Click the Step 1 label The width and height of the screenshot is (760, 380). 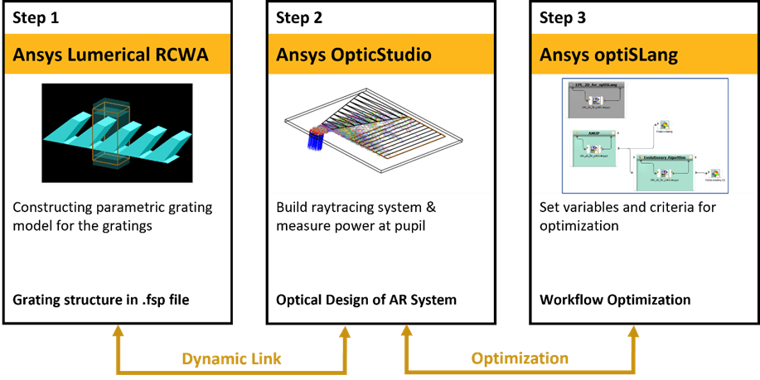click(36, 17)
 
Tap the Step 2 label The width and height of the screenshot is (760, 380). click(300, 17)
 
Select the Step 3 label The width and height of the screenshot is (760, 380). click(564, 17)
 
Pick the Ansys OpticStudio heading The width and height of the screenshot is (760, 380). click(354, 55)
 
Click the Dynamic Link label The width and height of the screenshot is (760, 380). click(231, 358)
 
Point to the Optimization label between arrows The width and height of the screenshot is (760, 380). click(520, 358)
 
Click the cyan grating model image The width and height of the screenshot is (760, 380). click(116, 132)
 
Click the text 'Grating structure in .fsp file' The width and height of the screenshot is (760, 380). click(100, 299)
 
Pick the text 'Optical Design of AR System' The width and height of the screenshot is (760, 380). click(366, 299)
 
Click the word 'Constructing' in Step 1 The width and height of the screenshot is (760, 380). click(51, 207)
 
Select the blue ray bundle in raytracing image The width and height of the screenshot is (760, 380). click(317, 138)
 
